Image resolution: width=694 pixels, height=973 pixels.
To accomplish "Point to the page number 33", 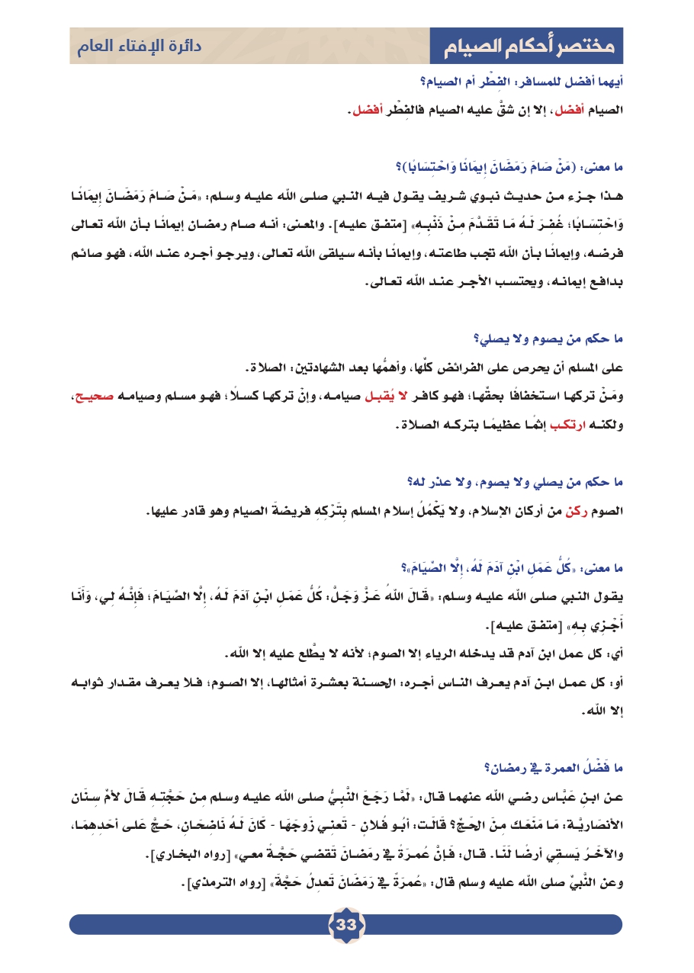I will pos(347,924).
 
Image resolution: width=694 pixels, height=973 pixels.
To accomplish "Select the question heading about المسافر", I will pos(521,82).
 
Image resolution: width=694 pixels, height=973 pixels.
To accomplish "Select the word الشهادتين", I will pos(319,368).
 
